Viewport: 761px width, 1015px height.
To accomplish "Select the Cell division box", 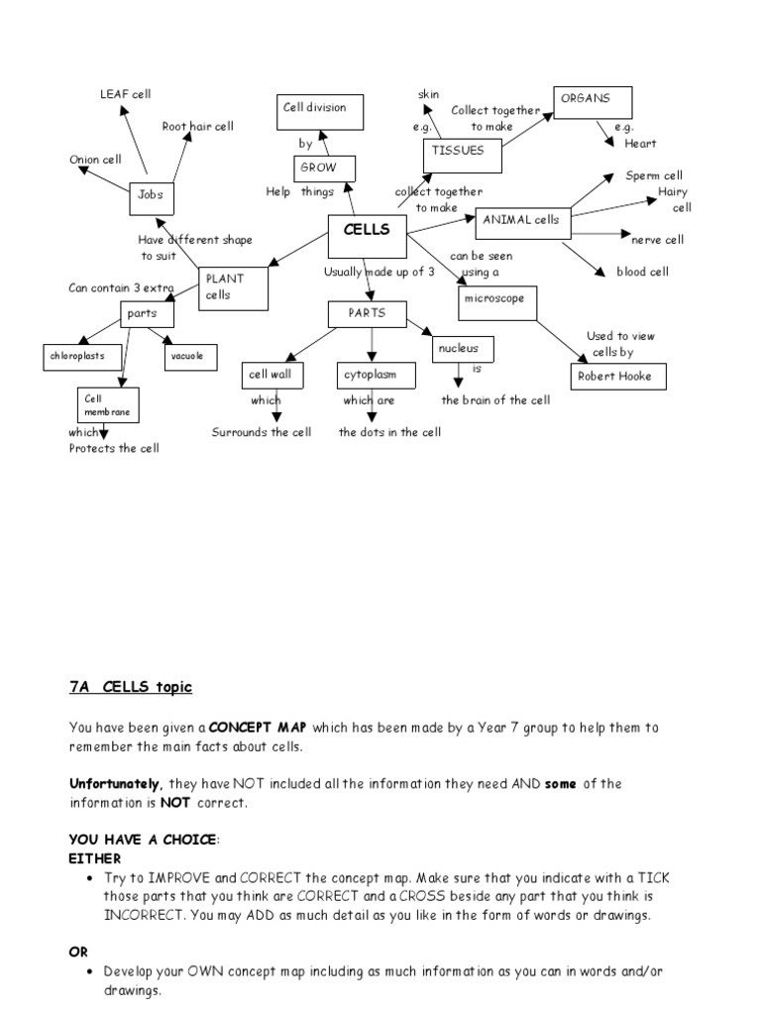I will [320, 111].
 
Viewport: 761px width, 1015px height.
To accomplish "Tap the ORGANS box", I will [593, 102].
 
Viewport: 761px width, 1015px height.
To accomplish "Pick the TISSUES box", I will [462, 156].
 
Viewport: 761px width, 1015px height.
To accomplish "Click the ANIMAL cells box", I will [523, 223].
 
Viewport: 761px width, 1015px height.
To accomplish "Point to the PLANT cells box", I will [234, 288].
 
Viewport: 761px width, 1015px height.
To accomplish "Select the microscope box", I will [497, 303].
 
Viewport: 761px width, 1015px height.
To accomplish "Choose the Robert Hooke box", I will [618, 377].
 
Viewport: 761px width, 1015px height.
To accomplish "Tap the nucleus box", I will [462, 350].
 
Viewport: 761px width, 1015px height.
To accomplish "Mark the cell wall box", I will [272, 376].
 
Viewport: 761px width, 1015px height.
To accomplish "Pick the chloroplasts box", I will [85, 356].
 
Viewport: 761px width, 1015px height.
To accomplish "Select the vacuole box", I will [190, 357].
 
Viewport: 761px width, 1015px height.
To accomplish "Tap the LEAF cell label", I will [125, 94].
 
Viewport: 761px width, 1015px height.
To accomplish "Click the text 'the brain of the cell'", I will [495, 400].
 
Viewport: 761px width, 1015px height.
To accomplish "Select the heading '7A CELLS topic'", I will [131, 687].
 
